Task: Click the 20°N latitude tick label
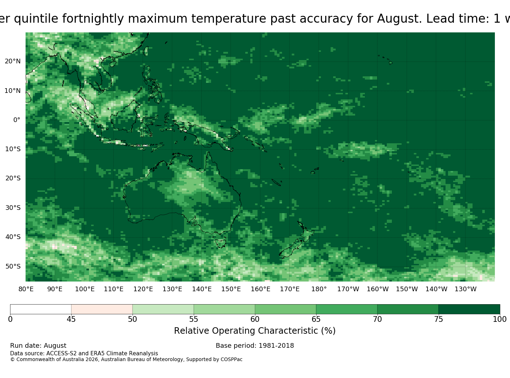click(13, 61)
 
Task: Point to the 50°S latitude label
click(13, 266)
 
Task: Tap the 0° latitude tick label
click(17, 120)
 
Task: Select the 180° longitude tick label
click(319, 289)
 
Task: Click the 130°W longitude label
click(466, 289)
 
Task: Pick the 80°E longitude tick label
click(26, 289)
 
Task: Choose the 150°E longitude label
click(231, 289)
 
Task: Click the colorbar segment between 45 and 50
click(102, 309)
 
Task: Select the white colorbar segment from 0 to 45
click(41, 309)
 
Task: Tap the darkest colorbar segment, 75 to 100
click(469, 309)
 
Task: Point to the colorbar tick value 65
click(316, 319)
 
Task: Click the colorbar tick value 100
click(500, 319)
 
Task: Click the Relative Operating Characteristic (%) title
click(255, 331)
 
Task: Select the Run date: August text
click(38, 346)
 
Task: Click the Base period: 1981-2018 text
click(255, 346)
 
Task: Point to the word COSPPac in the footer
click(231, 359)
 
